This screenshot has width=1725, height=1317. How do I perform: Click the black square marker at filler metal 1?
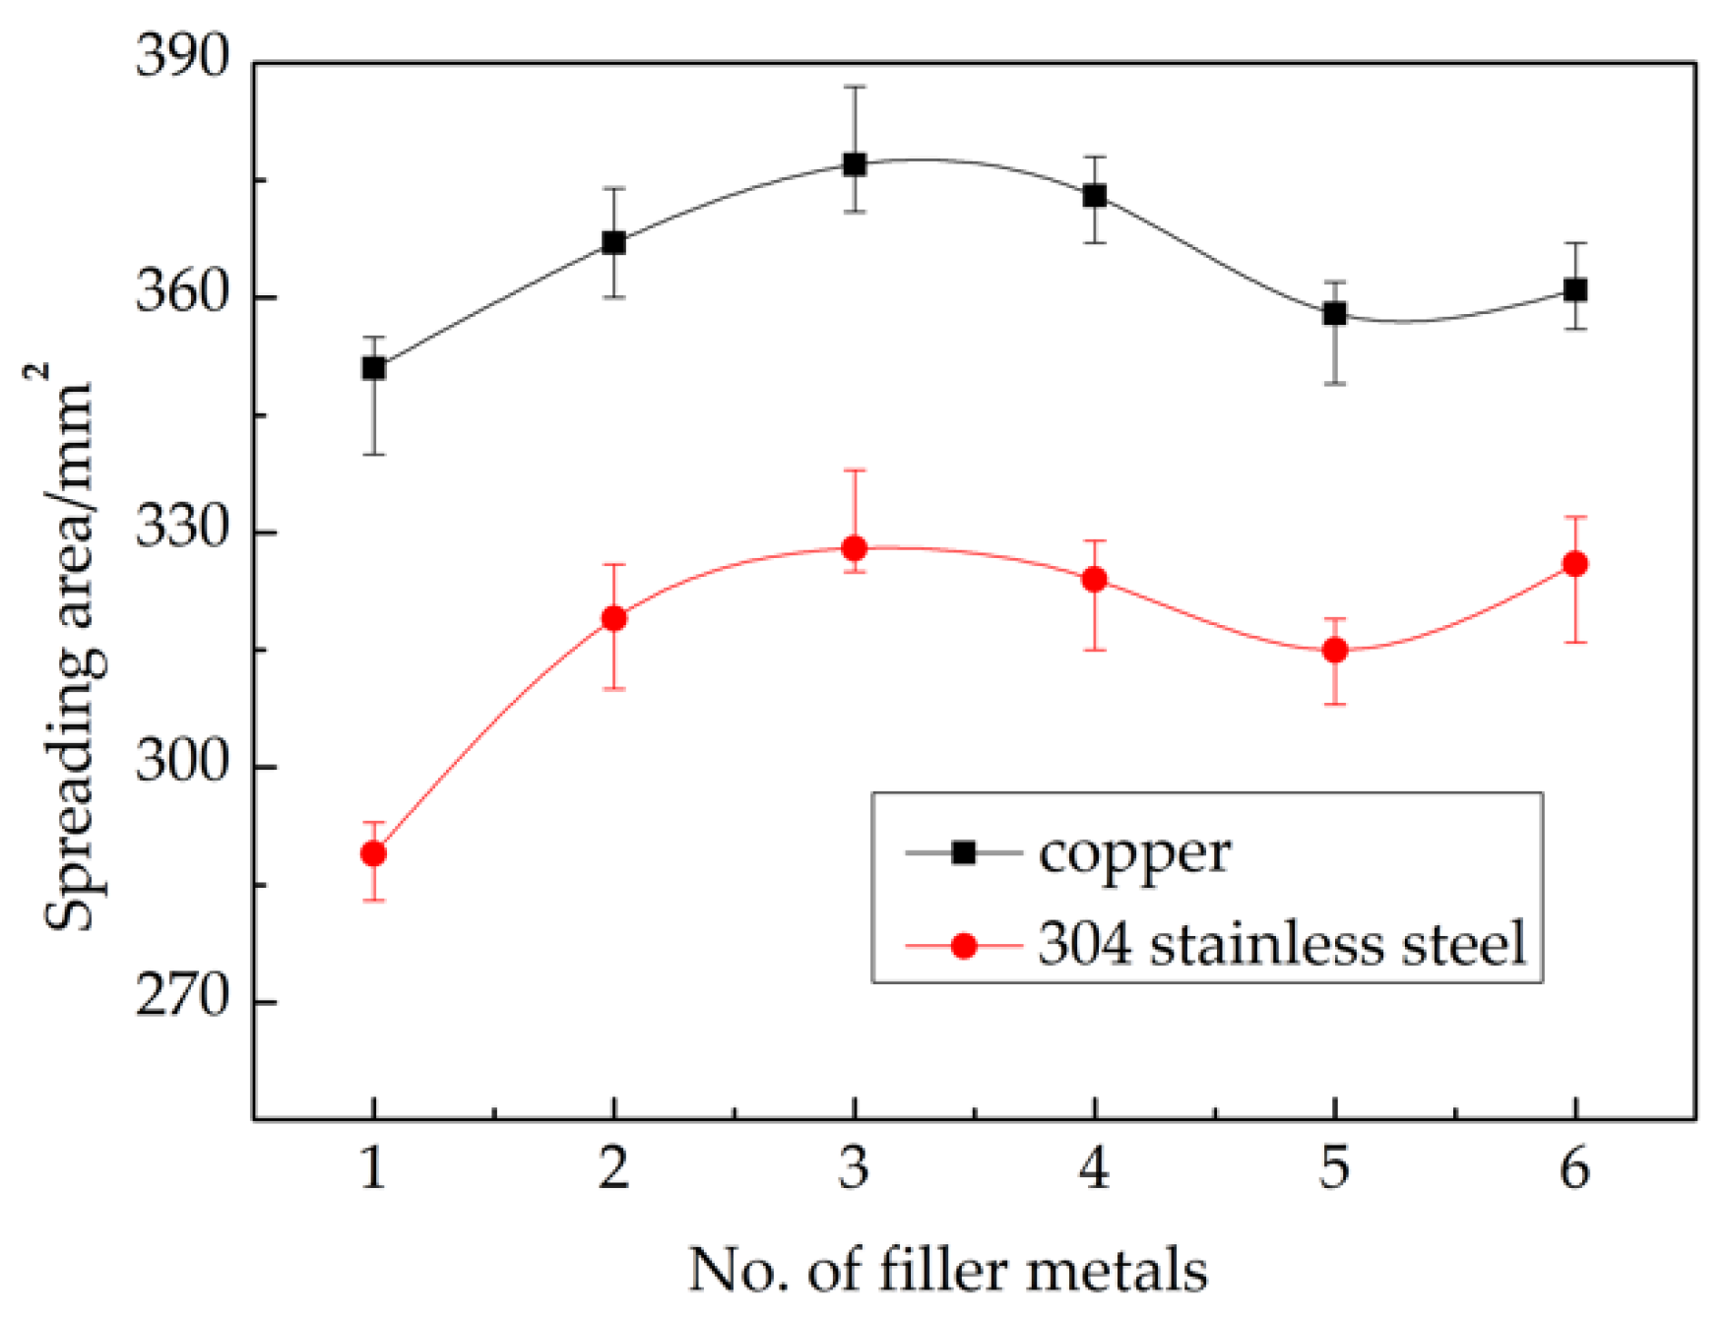click(x=373, y=368)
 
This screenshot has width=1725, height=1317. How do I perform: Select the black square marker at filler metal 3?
click(x=855, y=164)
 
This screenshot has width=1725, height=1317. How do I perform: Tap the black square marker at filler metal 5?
click(x=1335, y=314)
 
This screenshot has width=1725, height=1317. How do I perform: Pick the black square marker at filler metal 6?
click(x=1575, y=290)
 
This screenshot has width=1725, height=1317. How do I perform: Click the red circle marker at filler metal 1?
click(x=373, y=853)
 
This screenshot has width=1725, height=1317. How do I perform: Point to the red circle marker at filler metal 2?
click(x=614, y=618)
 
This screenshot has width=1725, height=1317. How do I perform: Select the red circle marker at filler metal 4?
click(x=1095, y=579)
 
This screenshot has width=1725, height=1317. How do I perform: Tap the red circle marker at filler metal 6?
click(x=1575, y=564)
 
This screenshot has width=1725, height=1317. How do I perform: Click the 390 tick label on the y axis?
click(x=182, y=56)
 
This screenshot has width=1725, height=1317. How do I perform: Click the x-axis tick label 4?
click(x=1095, y=1169)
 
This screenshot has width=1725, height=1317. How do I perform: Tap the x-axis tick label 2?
click(x=613, y=1169)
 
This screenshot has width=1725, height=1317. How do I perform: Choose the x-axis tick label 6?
click(x=1575, y=1169)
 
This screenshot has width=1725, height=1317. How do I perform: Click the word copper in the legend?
click(x=1134, y=854)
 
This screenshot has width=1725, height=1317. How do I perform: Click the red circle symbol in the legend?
click(x=964, y=946)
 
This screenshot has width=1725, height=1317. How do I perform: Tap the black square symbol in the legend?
click(x=964, y=852)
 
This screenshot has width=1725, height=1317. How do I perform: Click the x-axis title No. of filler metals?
click(x=947, y=1270)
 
